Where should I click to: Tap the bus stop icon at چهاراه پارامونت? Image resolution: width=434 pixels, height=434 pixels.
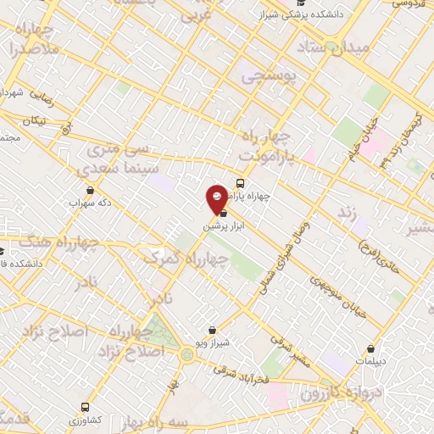pyautogui.click(x=240, y=183)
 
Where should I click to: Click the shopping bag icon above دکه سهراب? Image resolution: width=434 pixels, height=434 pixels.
pyautogui.click(x=91, y=190)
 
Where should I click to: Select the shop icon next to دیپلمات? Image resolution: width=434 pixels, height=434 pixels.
pyautogui.click(x=370, y=348)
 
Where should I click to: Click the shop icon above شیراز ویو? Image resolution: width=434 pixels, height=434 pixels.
pyautogui.click(x=212, y=329)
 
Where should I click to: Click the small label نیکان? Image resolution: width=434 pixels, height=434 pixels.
pyautogui.click(x=34, y=121)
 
